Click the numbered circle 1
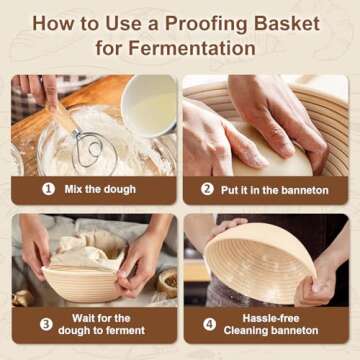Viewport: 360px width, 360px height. (x=47, y=188)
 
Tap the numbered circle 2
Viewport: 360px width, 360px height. (x=207, y=188)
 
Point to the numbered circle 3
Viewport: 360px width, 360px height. (x=46, y=323)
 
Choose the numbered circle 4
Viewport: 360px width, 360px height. (x=209, y=323)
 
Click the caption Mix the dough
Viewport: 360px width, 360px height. (x=101, y=188)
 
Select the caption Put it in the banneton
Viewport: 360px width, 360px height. (x=267, y=188)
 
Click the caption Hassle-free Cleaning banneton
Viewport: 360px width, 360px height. (x=268, y=323)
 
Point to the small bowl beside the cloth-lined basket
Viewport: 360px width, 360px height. (x=167, y=279)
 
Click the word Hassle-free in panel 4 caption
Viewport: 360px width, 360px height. (x=268, y=316)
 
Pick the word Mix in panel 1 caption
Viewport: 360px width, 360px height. (x=73, y=188)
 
